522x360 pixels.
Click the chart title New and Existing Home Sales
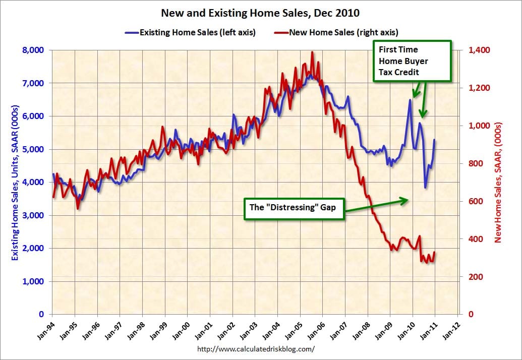[260, 12]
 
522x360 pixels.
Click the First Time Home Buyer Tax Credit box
[412, 61]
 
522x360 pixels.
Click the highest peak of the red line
[312, 52]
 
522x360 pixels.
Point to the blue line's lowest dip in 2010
[425, 188]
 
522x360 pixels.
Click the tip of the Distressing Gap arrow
[408, 200]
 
